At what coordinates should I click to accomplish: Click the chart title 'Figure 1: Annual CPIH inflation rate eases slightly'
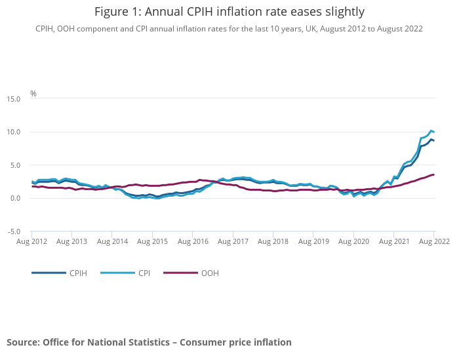229,12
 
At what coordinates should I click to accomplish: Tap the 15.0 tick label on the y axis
14,99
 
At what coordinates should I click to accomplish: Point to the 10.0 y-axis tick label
14,132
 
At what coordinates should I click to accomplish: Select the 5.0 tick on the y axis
15,165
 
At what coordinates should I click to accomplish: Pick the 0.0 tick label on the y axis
15,199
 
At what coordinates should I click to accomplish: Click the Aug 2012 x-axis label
31,242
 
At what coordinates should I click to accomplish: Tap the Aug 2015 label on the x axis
152,242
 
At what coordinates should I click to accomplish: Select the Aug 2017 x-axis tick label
233,242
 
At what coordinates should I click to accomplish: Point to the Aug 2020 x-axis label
353,242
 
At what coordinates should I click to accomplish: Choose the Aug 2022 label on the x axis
433,242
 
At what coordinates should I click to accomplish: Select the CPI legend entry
144,273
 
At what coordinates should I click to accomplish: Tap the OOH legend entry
210,273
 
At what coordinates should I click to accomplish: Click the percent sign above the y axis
33,94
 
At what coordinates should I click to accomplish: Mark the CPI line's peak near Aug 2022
431,131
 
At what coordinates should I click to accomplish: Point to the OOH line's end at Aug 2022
433,174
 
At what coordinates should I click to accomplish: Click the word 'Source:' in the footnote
23,342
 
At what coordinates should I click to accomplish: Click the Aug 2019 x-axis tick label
313,242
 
